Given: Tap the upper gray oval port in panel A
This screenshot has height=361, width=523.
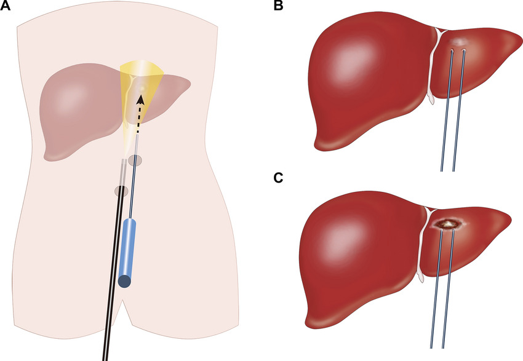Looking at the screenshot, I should click(136, 161).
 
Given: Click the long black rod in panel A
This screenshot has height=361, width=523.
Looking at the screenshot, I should click(111, 295).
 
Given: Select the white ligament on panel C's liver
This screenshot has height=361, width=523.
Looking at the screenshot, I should click(423, 246).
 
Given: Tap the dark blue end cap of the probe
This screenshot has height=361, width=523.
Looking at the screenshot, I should click(125, 281).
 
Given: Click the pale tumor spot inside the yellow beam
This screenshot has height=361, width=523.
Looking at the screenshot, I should click(142, 89).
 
